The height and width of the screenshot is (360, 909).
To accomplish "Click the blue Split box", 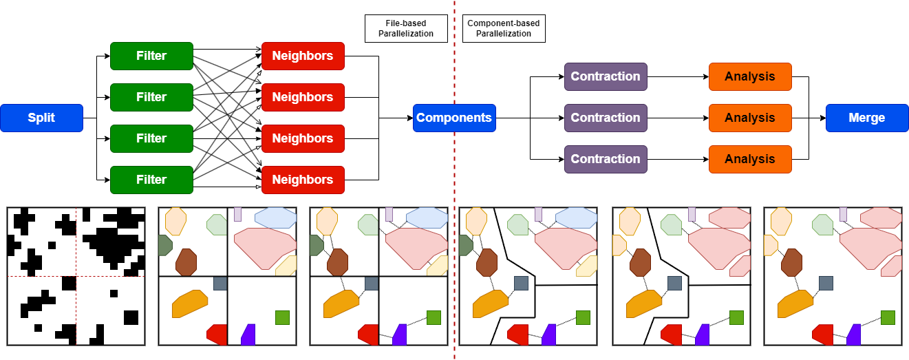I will pos(41,118).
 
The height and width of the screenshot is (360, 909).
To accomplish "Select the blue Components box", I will pos(454,118).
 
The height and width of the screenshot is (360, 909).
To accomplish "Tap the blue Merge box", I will pos(867,118).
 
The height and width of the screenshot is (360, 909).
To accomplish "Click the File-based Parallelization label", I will pos(406,29).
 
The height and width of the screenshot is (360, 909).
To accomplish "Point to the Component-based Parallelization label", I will pos(504,29).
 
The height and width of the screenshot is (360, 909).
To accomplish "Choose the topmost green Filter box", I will pos(151,56).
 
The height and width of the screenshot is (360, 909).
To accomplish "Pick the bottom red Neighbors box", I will pos(303,180).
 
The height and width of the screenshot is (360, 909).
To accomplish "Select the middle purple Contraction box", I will pos(606,118).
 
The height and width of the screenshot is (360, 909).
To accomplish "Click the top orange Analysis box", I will pos(750,76).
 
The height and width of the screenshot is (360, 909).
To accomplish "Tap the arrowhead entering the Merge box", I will pos(822,118).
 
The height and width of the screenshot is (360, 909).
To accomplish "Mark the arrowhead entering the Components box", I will pos(409,118).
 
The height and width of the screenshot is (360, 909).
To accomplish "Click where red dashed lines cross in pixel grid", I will pos(76,276).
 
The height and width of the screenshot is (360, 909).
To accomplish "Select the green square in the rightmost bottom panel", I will pos(888,317).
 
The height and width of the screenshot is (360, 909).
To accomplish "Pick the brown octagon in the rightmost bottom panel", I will pos(791,262).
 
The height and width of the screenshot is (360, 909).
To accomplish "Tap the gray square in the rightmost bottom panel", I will pos(826,283).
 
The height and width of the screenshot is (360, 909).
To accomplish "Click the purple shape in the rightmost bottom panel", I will pos(854,335).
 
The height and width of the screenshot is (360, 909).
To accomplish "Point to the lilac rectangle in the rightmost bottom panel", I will pos(844,214).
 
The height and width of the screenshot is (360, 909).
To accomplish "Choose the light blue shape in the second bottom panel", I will pos(275,218).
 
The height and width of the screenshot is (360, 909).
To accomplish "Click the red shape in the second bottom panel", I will pos(217,334).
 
